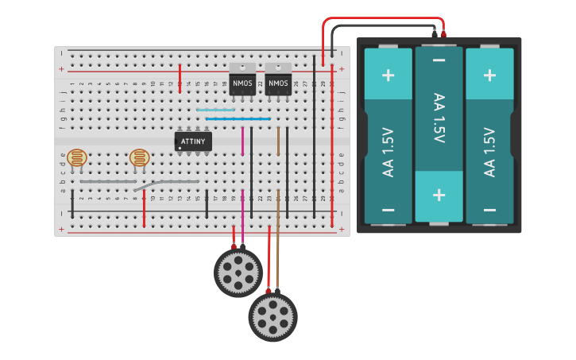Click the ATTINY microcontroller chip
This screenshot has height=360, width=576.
pos(193,141)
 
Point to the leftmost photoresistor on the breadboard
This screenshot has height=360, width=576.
pos(77,157)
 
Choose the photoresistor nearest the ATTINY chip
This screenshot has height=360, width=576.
pos(140,157)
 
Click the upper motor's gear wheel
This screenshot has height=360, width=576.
pos(238,273)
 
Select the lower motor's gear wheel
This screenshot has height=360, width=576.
pos(273,316)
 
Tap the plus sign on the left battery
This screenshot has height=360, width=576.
pos(388,75)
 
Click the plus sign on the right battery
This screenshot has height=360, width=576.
pos(489,75)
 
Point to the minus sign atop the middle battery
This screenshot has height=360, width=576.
pos(439,60)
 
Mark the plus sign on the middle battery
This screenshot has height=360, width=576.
pos(439,195)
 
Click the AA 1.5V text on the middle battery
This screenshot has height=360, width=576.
pos(439,118)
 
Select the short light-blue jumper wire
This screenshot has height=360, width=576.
pos(215,110)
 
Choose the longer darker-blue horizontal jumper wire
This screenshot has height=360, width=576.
pos(238,119)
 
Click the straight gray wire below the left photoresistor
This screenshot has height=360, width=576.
pos(108,182)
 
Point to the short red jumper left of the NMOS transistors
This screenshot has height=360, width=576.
pos(180,78)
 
